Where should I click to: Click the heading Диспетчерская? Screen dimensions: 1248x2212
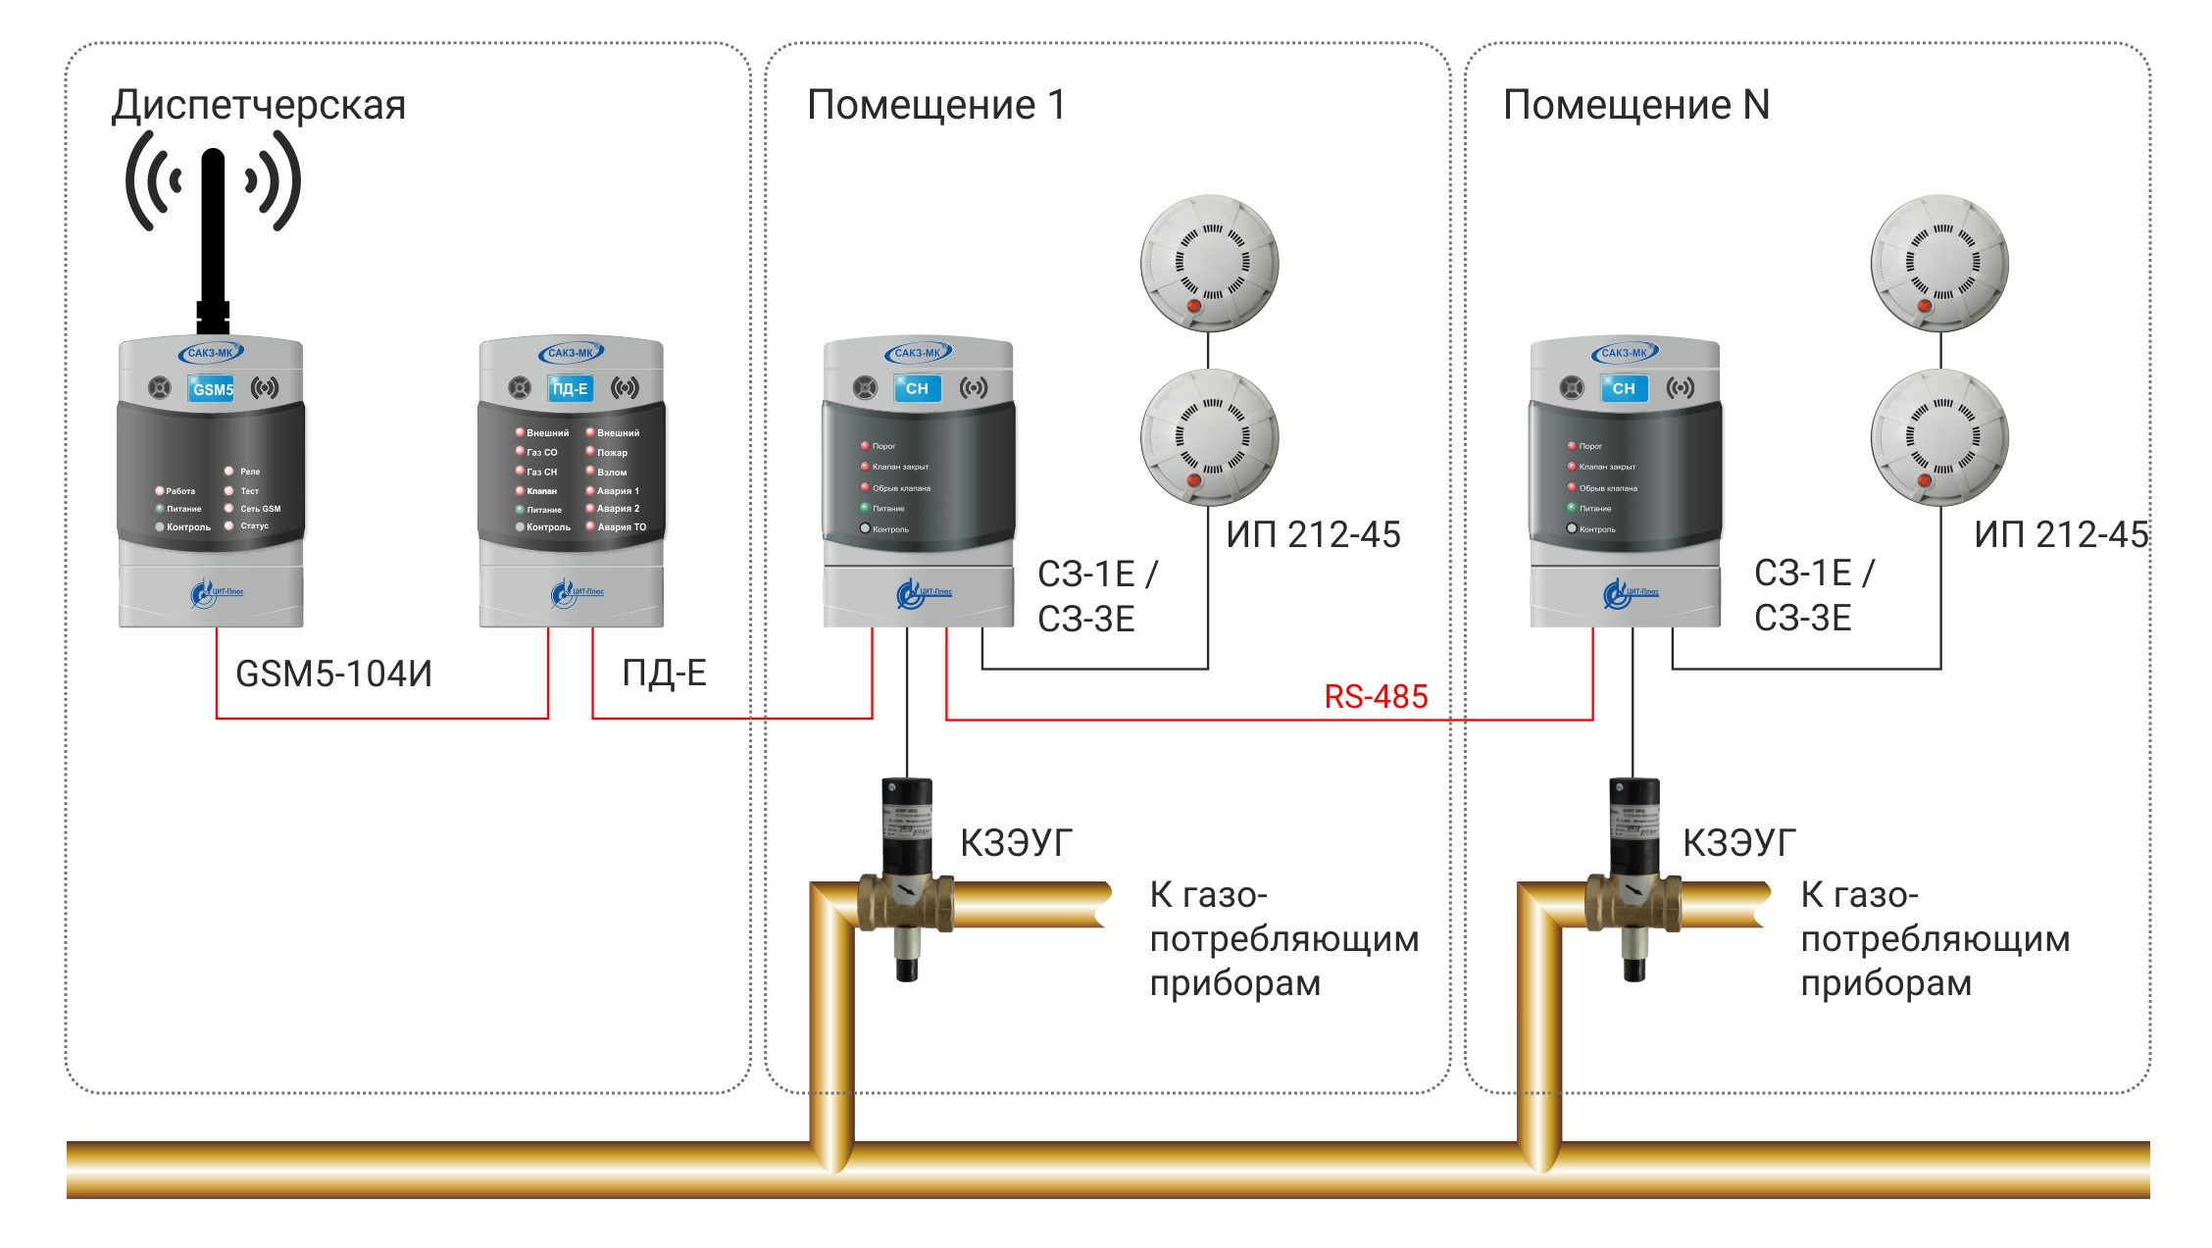point(259,106)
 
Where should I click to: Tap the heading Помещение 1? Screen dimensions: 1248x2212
point(935,105)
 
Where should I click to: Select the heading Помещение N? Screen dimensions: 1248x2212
point(1635,105)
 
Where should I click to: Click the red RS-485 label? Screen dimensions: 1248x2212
point(1376,696)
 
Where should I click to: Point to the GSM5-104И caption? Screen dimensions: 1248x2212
point(333,674)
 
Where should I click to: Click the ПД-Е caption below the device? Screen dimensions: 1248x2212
point(664,674)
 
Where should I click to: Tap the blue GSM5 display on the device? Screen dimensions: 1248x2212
point(213,389)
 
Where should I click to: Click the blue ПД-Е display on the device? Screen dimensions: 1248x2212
point(570,389)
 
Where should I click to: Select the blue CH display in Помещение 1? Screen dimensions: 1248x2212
point(917,388)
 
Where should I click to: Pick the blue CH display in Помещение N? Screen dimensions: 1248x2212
point(1624,388)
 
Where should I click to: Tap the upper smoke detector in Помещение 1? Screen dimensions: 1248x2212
point(1209,263)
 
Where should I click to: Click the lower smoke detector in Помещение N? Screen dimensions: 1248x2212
point(1939,437)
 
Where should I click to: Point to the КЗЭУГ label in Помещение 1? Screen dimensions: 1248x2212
point(1016,843)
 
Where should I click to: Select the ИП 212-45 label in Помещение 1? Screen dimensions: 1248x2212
point(1313,535)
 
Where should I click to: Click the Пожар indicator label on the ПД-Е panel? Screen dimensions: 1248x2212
point(612,453)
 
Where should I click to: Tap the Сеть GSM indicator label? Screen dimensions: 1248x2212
point(260,509)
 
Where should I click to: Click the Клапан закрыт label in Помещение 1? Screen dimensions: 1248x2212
point(900,467)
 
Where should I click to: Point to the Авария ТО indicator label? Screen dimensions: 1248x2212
point(622,527)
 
